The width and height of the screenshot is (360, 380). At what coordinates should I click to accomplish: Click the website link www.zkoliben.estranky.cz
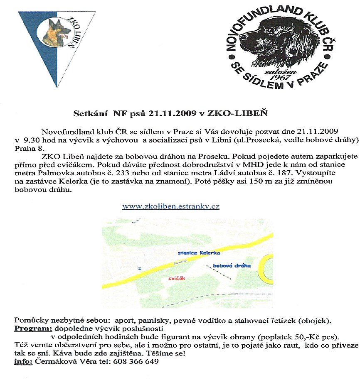[171, 206]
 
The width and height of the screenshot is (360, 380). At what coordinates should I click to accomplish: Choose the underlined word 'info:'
[23, 361]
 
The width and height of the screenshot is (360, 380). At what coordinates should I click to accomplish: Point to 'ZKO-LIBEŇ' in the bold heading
[215, 113]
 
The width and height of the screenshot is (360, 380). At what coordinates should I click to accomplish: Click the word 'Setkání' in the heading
[88, 113]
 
